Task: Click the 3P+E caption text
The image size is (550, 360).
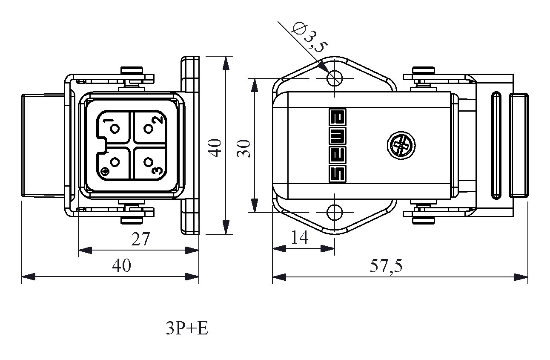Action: (x=187, y=328)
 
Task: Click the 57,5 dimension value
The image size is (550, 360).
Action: (x=386, y=266)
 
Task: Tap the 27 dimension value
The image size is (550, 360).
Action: (x=140, y=239)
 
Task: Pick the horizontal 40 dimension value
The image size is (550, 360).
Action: (x=122, y=266)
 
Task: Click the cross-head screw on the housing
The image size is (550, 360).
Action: (x=400, y=147)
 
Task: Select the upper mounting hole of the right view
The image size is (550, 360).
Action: (x=335, y=78)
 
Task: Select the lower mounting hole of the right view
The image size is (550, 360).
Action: (x=335, y=212)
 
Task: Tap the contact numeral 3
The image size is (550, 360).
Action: (x=157, y=171)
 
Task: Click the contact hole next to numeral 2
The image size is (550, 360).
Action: (x=149, y=128)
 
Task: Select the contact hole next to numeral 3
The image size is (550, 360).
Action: (x=148, y=162)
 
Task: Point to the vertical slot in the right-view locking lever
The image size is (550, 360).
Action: (x=496, y=145)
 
